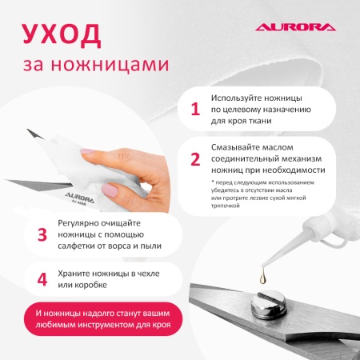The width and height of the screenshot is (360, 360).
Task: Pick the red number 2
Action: coord(194,158)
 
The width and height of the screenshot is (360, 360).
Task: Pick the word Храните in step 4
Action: coord(77,274)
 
